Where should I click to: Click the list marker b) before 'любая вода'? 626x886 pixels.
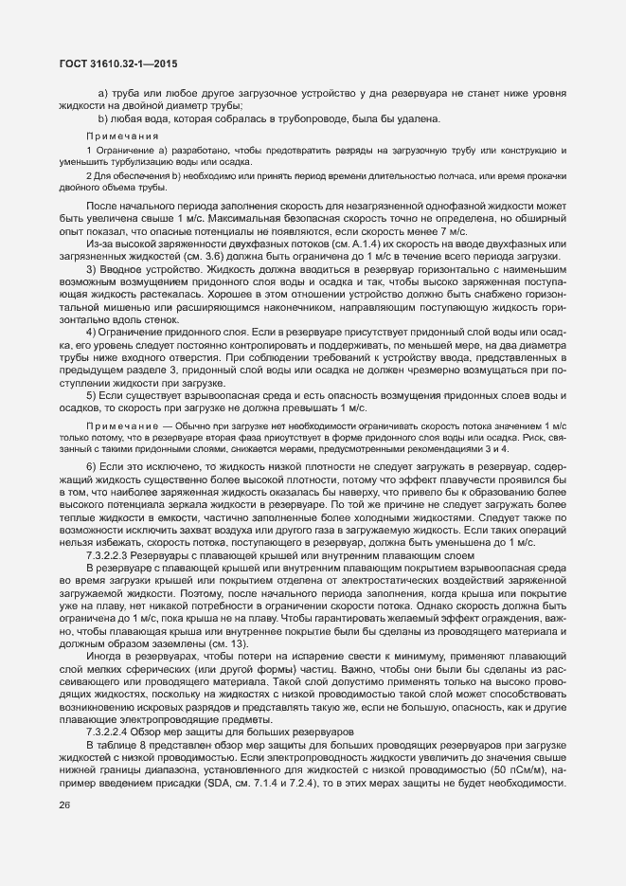(x=102, y=118)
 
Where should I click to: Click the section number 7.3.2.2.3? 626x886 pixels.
(x=142, y=555)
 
